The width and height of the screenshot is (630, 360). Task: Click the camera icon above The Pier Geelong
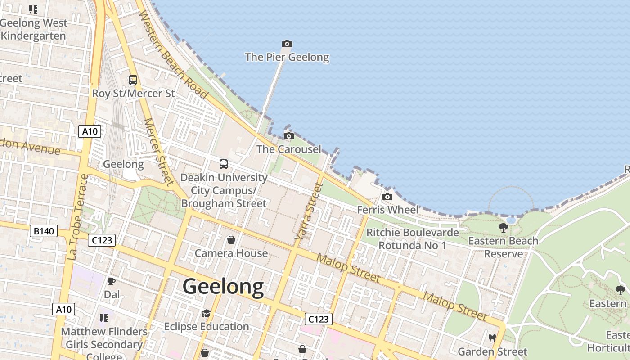point(287,44)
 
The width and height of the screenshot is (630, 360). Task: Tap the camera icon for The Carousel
point(289,136)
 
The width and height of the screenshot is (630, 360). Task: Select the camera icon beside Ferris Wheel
point(387,197)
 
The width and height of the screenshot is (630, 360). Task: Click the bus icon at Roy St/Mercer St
point(133,80)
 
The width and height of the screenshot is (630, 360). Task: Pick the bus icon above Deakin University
point(224,164)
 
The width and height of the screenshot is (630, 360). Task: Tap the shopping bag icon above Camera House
point(231,240)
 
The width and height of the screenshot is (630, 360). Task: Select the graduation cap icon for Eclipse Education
point(206,313)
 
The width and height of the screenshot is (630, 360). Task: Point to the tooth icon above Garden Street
point(492,338)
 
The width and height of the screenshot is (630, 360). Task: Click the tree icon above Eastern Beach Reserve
point(504,228)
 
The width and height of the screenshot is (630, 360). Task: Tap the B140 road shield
point(44,231)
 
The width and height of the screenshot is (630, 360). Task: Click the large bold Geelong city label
point(223,287)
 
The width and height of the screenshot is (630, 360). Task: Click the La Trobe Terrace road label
point(77,217)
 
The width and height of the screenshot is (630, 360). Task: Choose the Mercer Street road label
point(158,152)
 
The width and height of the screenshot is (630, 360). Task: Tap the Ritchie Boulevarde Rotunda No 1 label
point(412,239)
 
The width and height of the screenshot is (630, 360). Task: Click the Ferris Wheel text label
point(388,210)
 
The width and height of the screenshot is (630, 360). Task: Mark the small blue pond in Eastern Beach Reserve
point(511,220)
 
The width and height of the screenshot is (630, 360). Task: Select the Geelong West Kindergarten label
point(34,29)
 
